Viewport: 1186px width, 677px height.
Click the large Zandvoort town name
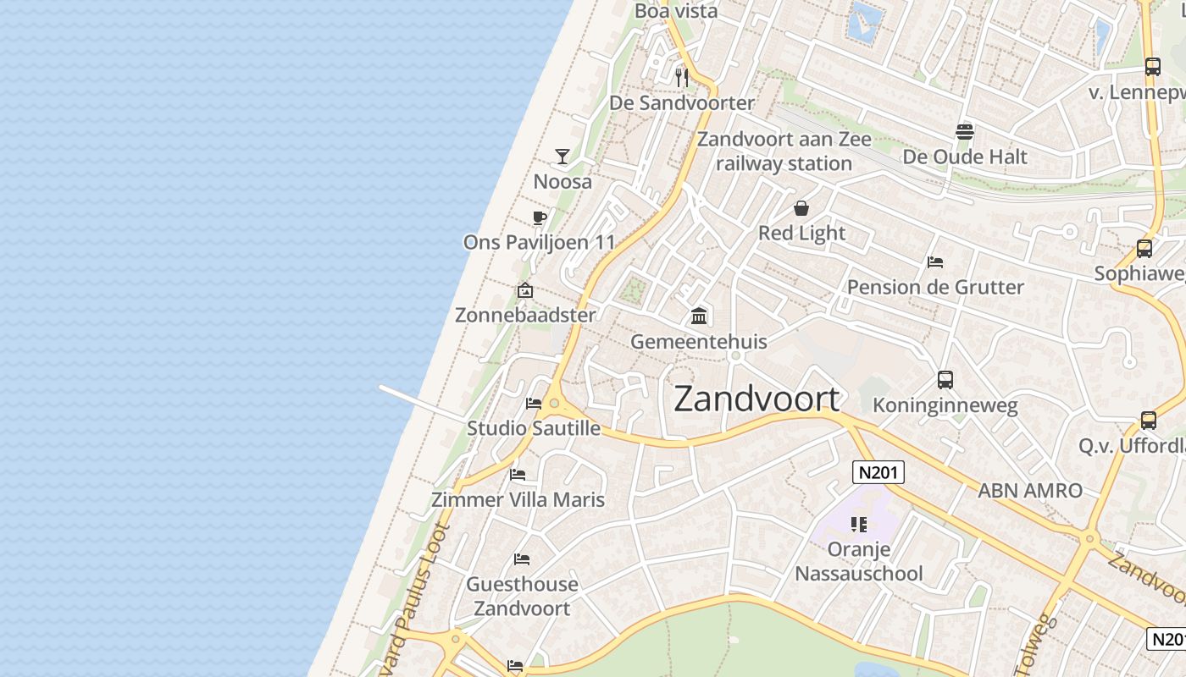coord(756,399)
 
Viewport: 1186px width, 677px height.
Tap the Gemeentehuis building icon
coord(699,316)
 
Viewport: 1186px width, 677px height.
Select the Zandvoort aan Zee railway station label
coord(784,151)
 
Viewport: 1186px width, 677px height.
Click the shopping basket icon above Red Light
coord(801,208)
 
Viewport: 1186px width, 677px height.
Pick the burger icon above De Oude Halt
coord(964,131)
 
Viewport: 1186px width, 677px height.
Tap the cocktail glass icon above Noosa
coord(562,156)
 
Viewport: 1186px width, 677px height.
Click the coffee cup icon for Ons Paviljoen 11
coord(539,217)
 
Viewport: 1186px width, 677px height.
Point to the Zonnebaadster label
coord(525,315)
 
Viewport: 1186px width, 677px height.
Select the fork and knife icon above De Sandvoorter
coord(682,78)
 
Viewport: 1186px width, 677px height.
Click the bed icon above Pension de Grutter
coord(935,261)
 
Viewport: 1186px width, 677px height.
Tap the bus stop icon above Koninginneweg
coord(945,380)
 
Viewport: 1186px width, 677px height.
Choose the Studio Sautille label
coord(534,428)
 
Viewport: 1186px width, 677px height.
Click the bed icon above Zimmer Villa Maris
coord(518,474)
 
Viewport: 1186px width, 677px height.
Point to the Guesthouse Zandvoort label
coord(522,596)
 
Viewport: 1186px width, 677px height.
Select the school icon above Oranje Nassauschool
coord(859,525)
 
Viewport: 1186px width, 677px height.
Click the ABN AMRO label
coord(1030,490)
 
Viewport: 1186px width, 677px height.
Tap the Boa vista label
coord(676,11)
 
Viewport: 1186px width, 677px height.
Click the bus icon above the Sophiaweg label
coord(1144,248)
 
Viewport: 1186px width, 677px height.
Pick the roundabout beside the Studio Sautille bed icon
coord(554,404)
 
